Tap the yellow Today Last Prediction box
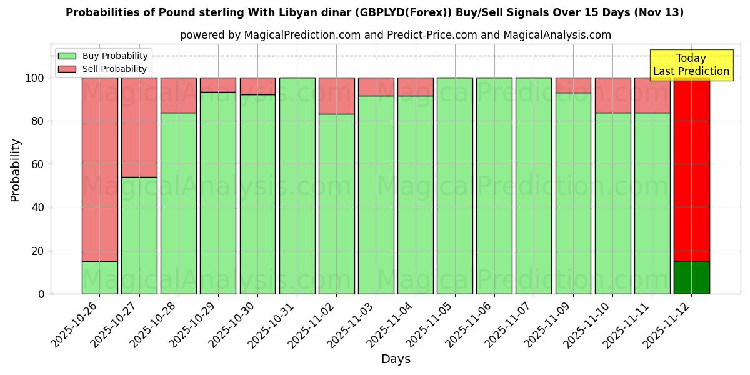point(691,65)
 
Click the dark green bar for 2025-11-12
point(691,277)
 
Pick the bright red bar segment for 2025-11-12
point(691,169)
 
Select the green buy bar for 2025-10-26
point(100,277)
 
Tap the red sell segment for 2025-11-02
point(336,96)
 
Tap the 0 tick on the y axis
point(41,294)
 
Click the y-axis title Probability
point(16,170)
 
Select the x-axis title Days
point(396,359)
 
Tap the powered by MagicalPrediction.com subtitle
point(395,36)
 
